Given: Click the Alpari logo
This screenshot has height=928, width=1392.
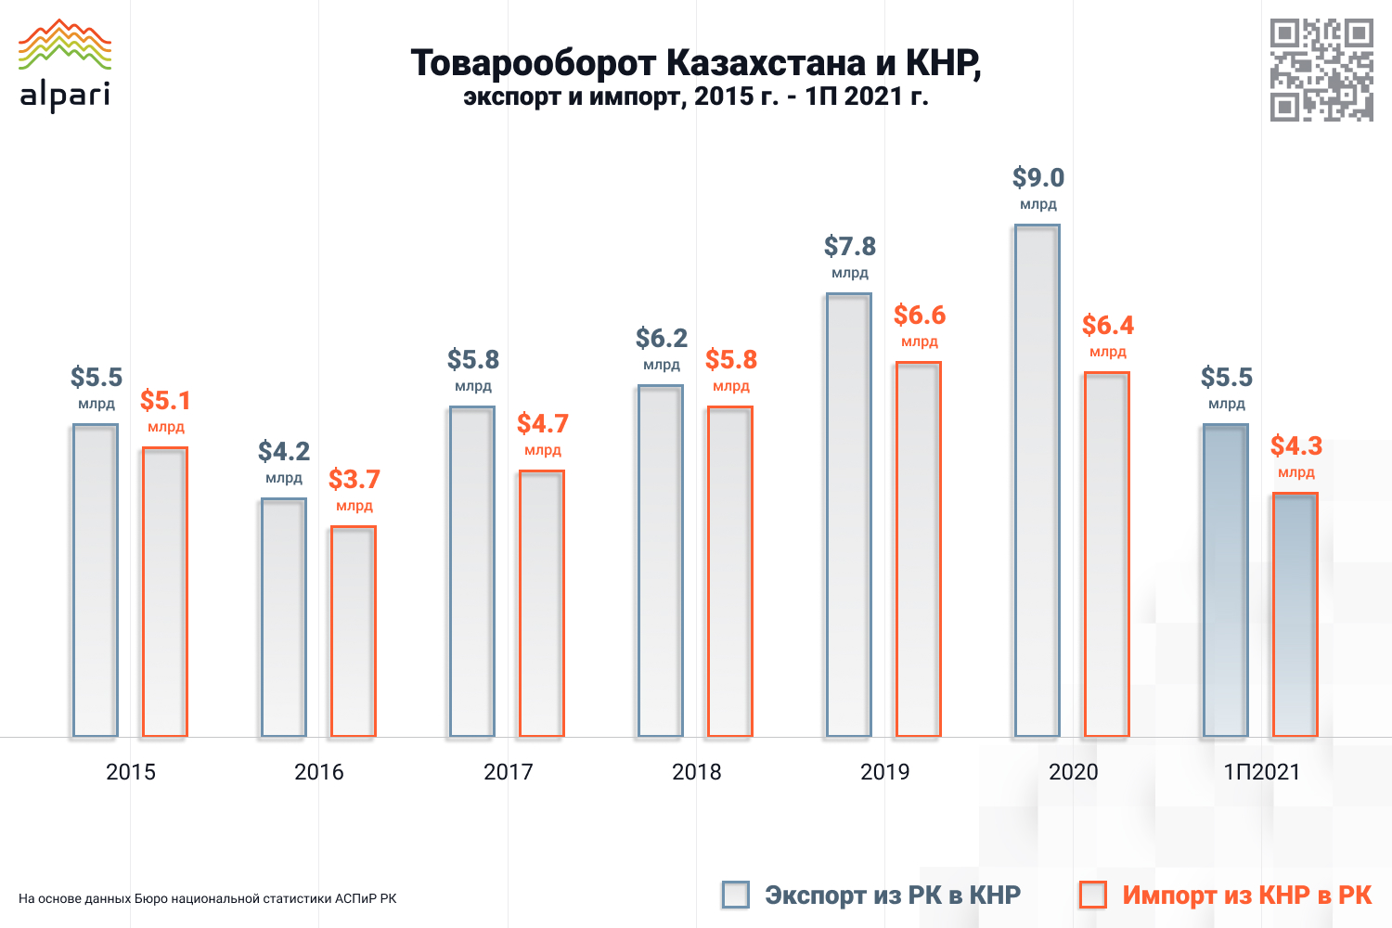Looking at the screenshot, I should point(65,65).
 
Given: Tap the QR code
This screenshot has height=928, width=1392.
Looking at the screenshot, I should point(1321,70).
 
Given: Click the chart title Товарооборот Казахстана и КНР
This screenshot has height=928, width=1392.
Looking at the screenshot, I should point(696,63).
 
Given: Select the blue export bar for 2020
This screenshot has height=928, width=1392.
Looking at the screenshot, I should point(1038,481).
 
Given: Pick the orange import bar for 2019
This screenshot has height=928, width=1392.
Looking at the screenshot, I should point(919,549).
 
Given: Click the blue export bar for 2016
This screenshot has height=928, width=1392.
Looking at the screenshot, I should point(284,618).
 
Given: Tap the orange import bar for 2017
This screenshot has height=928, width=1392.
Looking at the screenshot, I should point(542,603).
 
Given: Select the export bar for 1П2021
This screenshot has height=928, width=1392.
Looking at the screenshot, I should point(1226,581).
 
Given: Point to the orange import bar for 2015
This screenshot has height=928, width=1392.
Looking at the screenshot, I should point(165,592).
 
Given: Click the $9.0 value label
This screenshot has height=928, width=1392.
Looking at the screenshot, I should point(1038,177).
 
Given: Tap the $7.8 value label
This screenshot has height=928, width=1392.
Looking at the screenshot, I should point(850,246).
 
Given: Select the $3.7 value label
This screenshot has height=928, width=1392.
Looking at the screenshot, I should point(354,479).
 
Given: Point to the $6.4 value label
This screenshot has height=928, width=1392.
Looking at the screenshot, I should point(1108,325).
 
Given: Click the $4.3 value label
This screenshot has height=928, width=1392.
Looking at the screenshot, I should point(1296,445).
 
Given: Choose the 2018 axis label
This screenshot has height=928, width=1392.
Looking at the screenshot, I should point(697,771).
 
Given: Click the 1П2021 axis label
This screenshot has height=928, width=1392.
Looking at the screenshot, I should point(1262,771).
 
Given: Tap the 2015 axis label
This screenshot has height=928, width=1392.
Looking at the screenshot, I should point(131,771).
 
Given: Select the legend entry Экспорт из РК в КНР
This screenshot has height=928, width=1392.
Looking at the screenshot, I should point(892,895).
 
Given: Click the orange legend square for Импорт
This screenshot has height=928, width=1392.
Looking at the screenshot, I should point(1093,895).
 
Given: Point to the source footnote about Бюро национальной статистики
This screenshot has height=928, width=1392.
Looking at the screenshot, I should point(208,898).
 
